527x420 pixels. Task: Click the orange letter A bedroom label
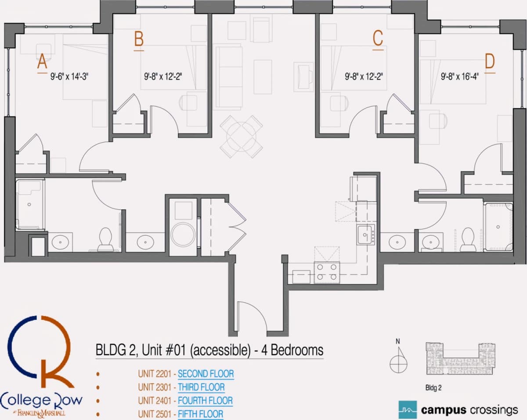tap(42, 61)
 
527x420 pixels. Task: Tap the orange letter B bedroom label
tap(139, 39)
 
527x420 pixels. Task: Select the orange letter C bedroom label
tap(378, 38)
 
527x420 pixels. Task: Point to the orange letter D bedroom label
tap(490, 61)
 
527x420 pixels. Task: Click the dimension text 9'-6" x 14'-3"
tap(69, 77)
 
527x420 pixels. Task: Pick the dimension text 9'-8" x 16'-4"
tap(460, 77)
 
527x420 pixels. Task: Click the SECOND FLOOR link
tap(206, 374)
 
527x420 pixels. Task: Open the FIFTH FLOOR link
tap(200, 414)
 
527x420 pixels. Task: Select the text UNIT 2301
tap(155, 388)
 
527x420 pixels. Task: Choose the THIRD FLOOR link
tap(201, 388)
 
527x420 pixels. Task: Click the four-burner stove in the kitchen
tap(327, 273)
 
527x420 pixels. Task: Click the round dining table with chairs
tap(241, 136)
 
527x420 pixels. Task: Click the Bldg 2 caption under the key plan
tap(433, 388)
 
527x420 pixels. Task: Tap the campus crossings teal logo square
tap(408, 409)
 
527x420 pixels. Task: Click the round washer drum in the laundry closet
tap(183, 234)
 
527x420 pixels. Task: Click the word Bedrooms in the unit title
tap(297, 350)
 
